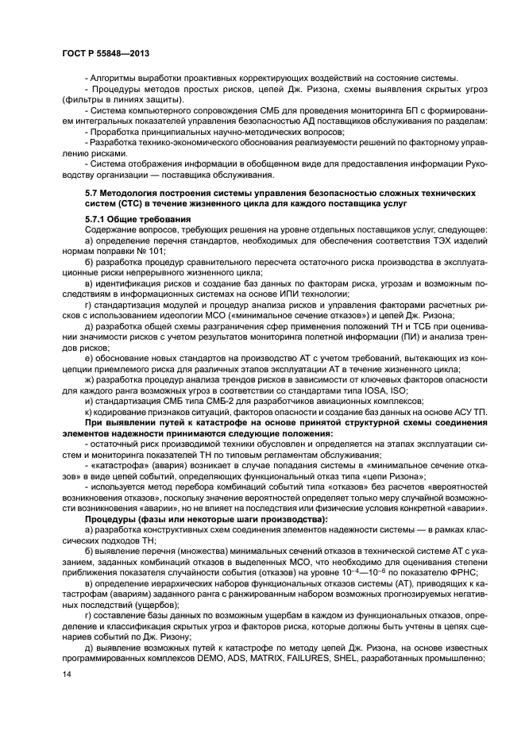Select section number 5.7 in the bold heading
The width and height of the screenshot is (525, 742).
pyautogui.click(x=93, y=193)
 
